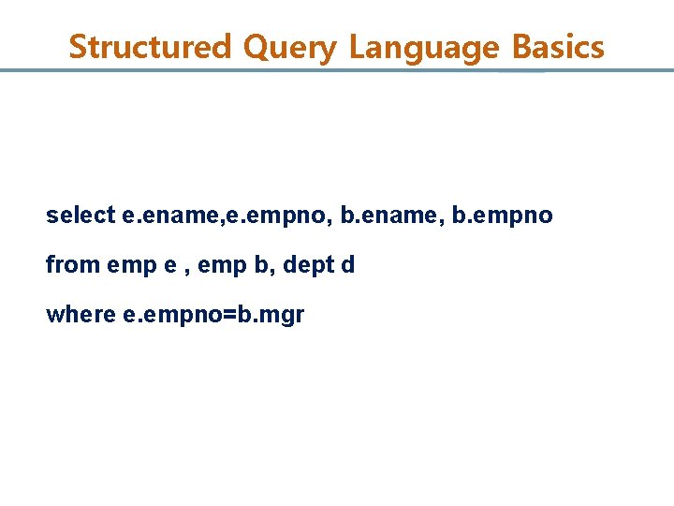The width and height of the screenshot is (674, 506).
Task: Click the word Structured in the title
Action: tap(150, 47)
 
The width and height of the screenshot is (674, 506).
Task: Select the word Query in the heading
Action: tap(289, 47)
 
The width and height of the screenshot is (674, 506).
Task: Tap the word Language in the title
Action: tap(425, 47)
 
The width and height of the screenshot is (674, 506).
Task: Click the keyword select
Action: tap(81, 216)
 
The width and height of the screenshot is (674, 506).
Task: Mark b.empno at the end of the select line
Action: tap(503, 216)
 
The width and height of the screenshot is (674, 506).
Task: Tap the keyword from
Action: tap(73, 265)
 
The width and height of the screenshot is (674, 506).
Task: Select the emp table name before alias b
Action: tap(217, 266)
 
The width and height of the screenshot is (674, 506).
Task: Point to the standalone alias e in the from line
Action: tap(169, 266)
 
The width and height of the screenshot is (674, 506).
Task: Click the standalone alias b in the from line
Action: tap(257, 265)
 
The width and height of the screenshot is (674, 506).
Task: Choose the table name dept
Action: tap(305, 265)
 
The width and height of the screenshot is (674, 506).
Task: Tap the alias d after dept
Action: tap(348, 265)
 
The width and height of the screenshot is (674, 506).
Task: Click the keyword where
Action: tap(81, 315)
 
